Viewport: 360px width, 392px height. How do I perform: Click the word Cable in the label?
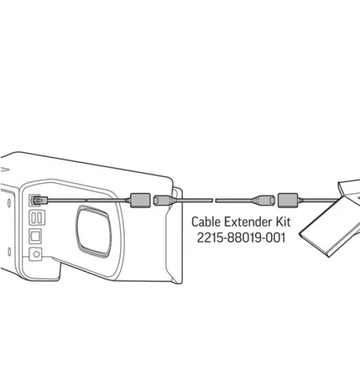206,222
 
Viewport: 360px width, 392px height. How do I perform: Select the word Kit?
283,222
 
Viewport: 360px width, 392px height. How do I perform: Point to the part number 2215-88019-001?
241,238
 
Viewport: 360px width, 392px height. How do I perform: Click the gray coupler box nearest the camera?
140,200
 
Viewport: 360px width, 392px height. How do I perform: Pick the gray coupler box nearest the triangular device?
288,200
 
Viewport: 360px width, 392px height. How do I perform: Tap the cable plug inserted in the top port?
40,200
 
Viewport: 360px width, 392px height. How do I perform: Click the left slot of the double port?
34,218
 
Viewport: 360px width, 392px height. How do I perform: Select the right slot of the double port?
39,218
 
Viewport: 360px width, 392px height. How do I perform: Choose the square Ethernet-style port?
35,236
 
